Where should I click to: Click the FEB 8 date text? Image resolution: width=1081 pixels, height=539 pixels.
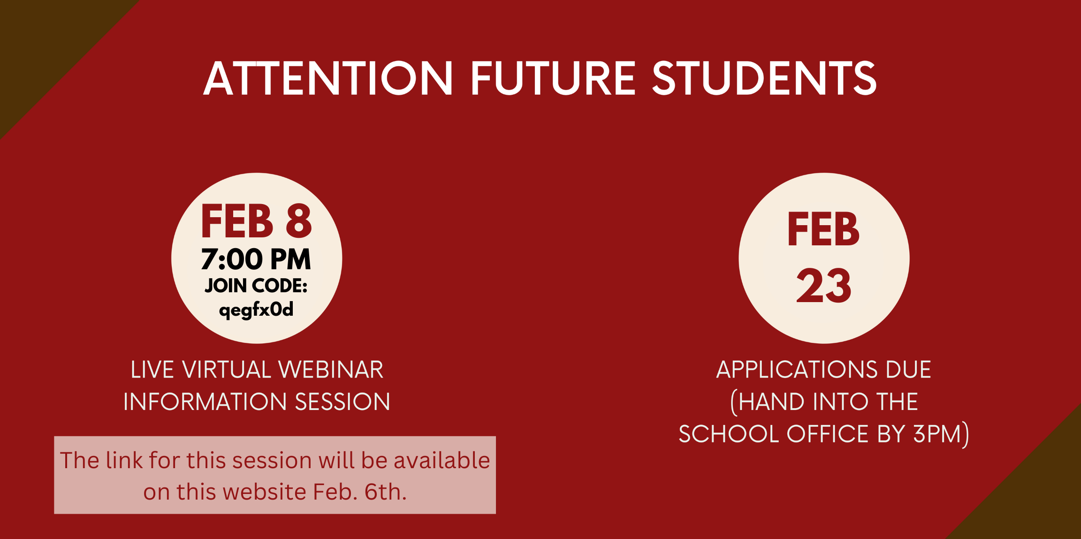pos(256,221)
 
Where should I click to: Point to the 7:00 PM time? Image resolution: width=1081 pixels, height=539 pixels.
pos(256,259)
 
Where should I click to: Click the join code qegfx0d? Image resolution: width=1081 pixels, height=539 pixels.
pos(256,310)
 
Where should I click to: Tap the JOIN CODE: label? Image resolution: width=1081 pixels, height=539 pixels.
pos(256,285)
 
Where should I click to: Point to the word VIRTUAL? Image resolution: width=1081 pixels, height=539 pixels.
pos(227,370)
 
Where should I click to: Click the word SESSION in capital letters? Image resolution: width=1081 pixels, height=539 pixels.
pos(343,402)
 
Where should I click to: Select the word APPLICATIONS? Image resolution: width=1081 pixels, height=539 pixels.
pos(797,370)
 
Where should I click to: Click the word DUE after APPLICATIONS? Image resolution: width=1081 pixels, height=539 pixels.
pos(908,370)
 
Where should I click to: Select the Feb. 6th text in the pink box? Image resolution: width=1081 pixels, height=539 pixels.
pos(360,492)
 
